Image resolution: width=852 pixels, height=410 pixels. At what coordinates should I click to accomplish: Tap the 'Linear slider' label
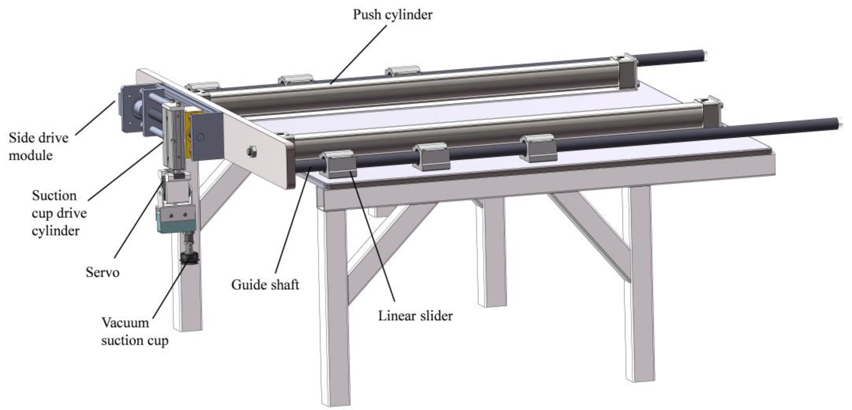[x=415, y=316]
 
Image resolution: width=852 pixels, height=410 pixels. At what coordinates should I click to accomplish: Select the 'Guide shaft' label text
[x=265, y=285]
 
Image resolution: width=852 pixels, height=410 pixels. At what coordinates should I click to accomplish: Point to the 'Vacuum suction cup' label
[x=135, y=332]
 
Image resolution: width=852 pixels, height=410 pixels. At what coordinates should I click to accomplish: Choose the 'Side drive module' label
[x=38, y=146]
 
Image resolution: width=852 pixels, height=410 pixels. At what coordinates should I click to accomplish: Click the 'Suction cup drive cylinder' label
[x=59, y=213]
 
